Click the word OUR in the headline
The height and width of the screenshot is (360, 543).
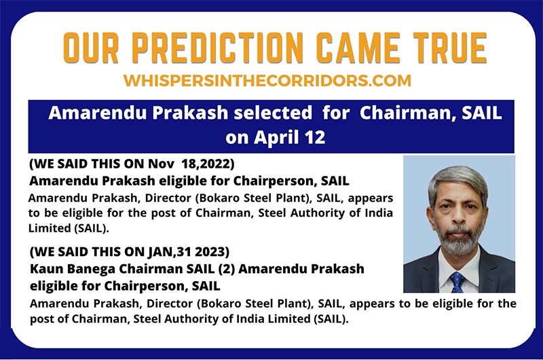pos(91,48)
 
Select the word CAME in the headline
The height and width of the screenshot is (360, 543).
pos(358,48)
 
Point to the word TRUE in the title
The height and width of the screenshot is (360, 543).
pos(450,48)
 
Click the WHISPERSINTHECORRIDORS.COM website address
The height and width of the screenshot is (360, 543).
pos(267,80)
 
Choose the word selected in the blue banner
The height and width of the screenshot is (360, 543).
pos(273,113)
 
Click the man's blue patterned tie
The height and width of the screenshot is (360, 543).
pos(457,282)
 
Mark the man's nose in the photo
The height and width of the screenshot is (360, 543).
pos(457,218)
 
